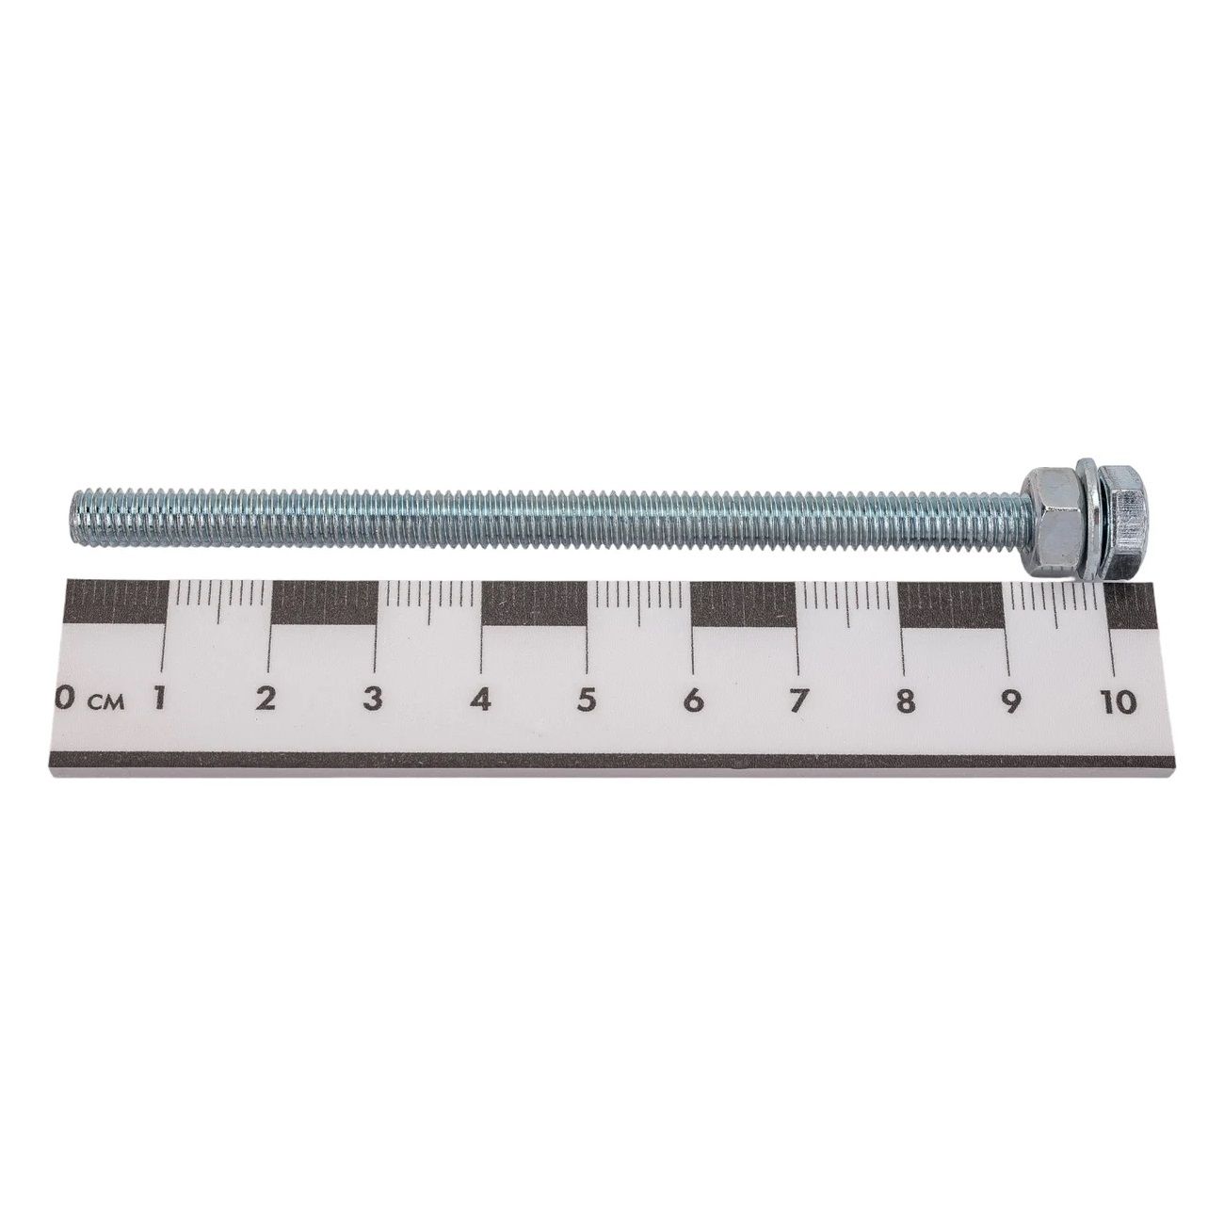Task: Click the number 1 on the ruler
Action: [x=159, y=700]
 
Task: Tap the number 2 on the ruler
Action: [x=266, y=700]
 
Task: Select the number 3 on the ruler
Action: [x=373, y=700]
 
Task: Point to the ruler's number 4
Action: [x=481, y=700]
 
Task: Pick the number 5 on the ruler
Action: [x=586, y=700]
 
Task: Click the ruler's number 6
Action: [x=694, y=701]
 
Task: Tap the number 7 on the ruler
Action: [x=797, y=701]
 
